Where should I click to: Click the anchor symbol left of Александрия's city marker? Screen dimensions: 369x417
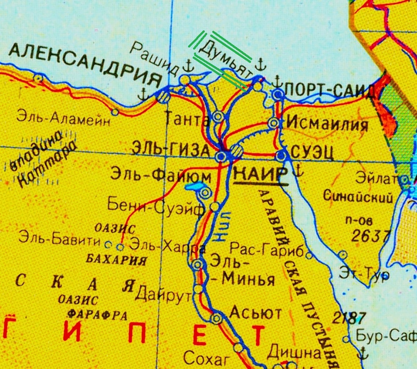[x=144, y=94]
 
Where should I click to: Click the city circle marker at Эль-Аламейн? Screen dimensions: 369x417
[x=115, y=112]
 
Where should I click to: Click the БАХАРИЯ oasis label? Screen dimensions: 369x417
[x=116, y=260]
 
